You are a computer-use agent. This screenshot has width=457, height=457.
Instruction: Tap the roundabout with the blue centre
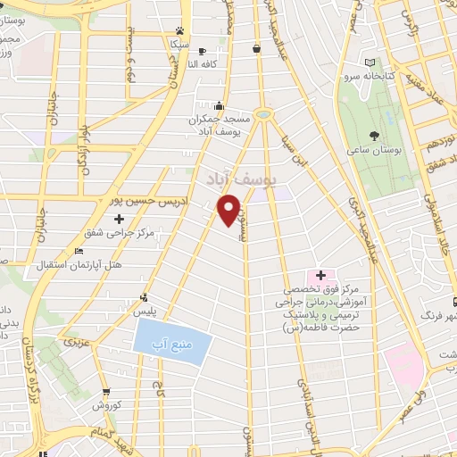click(263, 114)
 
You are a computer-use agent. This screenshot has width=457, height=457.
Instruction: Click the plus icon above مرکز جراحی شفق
click(119, 219)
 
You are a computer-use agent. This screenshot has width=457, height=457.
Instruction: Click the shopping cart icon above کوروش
click(106, 392)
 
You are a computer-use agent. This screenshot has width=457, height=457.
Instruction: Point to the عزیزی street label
click(72, 341)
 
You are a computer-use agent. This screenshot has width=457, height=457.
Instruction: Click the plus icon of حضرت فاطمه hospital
click(321, 274)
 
